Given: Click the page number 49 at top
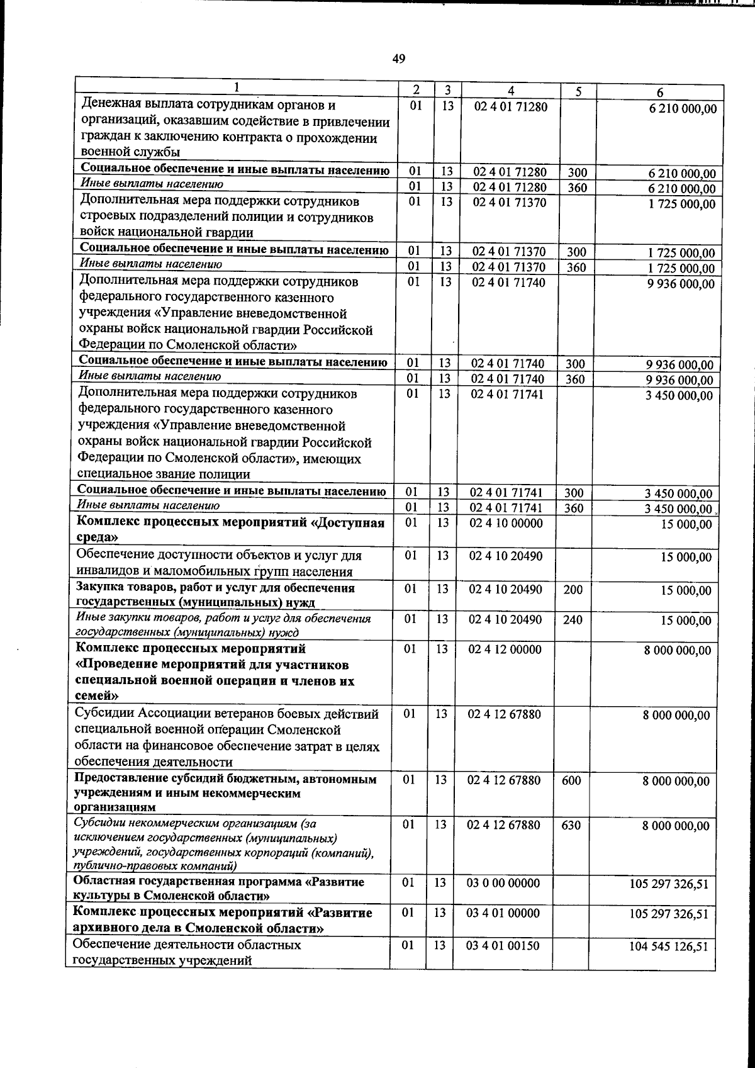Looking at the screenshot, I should coord(398,59).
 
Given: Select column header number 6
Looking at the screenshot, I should coord(661,92).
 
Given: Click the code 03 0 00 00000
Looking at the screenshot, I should coord(503,883).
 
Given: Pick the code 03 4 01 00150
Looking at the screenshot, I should coord(503,945).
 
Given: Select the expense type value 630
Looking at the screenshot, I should coord(571,824).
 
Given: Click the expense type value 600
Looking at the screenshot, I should coord(571,780).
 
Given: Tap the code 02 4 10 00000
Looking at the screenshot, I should coord(505,523).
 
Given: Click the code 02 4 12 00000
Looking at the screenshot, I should coord(505,649).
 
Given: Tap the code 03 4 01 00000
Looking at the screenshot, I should coord(503,913).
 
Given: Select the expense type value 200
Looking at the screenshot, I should coord(573,590).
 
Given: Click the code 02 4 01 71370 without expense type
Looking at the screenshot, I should coord(510,202).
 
